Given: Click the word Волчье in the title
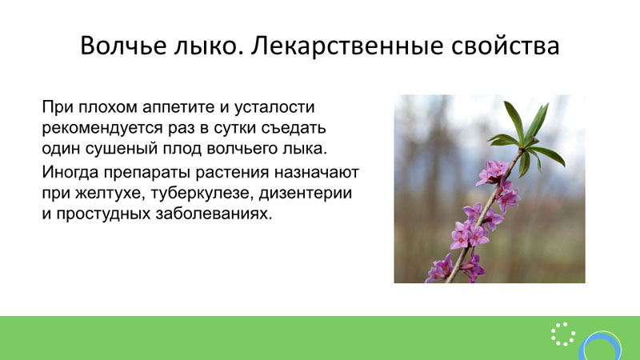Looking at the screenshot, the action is click(x=124, y=46).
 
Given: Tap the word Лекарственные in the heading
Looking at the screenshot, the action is click(x=347, y=46).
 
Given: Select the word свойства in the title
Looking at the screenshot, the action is click(x=506, y=46).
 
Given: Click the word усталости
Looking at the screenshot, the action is click(x=274, y=107).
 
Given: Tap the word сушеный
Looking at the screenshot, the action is click(x=122, y=149).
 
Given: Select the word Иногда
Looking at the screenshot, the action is click(x=70, y=172).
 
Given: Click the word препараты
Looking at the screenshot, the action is click(x=147, y=173).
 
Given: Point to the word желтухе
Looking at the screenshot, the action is click(x=111, y=193).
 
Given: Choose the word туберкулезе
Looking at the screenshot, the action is click(x=202, y=193).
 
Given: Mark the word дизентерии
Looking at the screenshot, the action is click(x=306, y=193).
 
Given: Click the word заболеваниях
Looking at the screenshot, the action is click(x=214, y=214).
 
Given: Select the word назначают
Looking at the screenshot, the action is click(x=316, y=173).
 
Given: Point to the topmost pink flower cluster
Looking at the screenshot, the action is click(x=493, y=172).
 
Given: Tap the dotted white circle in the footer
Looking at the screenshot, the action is click(x=563, y=334).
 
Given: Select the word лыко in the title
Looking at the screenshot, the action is click(x=206, y=46).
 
